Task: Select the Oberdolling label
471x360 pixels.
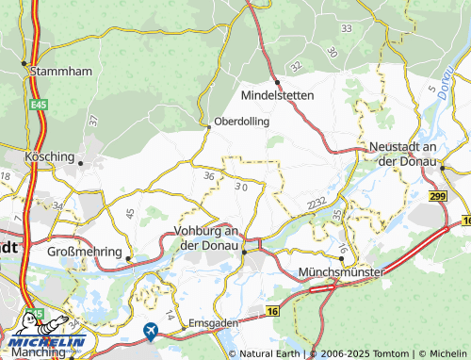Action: (x=242, y=122)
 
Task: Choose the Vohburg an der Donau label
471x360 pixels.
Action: (x=210, y=237)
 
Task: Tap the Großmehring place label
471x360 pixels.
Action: (x=85, y=253)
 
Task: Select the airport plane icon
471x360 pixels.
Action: (x=151, y=330)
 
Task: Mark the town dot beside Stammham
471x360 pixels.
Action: (x=24, y=64)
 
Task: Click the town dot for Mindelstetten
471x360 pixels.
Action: (x=277, y=82)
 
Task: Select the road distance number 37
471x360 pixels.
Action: (x=92, y=121)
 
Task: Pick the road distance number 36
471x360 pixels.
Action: (x=209, y=176)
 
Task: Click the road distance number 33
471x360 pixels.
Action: (x=346, y=29)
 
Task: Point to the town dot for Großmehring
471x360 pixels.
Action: (x=130, y=256)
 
